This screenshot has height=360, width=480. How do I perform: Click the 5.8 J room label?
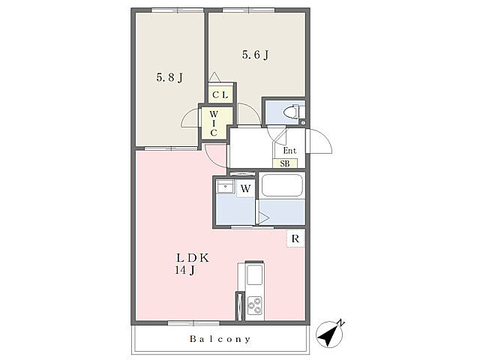pyautogui.click(x=170, y=77)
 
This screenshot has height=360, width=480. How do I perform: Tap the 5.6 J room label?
pyautogui.click(x=256, y=55)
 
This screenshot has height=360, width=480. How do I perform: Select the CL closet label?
pyautogui.click(x=220, y=95)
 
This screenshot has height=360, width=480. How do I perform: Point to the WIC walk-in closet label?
pyautogui.click(x=214, y=124)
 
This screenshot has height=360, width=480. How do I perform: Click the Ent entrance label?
pyautogui.click(x=289, y=151)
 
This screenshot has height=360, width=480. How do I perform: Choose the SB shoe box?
pyautogui.click(x=285, y=163)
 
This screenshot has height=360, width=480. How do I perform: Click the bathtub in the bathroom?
pyautogui.click(x=282, y=185)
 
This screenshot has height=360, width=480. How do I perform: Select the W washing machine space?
pyautogui.click(x=245, y=188)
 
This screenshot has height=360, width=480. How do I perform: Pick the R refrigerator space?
pyautogui.click(x=295, y=238)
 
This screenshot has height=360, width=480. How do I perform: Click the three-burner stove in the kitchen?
pyautogui.click(x=255, y=305)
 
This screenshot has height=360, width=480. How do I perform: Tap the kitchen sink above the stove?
pyautogui.click(x=255, y=274)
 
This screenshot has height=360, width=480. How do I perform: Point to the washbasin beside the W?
pyautogui.click(x=225, y=186)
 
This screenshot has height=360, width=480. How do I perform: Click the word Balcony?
pyautogui.click(x=220, y=339)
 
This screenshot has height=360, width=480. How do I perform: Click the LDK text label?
pyautogui.click(x=193, y=258)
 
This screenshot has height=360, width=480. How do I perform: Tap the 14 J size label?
pyautogui.click(x=185, y=270)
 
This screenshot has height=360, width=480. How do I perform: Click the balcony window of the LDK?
pyautogui.click(x=193, y=323)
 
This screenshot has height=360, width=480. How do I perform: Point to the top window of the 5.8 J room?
pyautogui.click(x=178, y=10)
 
